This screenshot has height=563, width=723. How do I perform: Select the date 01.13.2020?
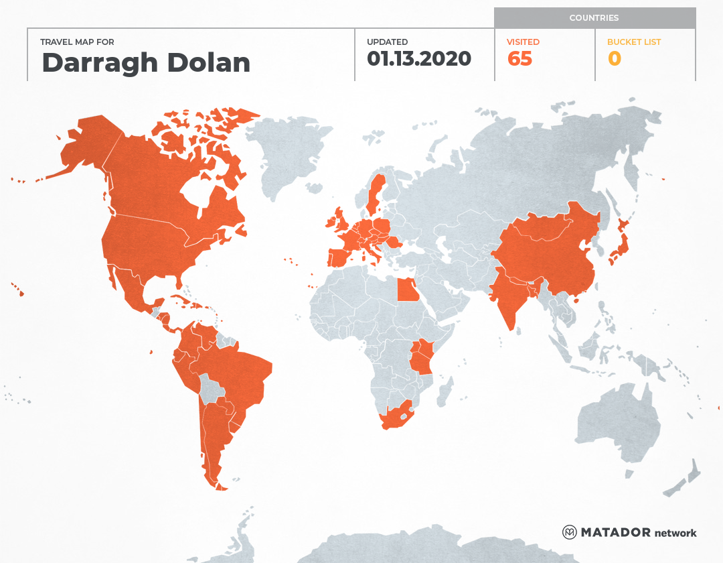point(419,59)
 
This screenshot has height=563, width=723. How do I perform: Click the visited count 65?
point(519,59)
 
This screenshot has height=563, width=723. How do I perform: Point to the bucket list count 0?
point(614,59)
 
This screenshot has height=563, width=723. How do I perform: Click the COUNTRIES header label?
point(594,18)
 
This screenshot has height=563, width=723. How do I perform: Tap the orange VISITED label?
point(524,42)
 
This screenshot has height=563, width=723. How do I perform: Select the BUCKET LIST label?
point(633,42)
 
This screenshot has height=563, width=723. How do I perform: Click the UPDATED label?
point(387,42)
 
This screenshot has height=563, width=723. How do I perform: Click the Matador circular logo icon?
point(569,532)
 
